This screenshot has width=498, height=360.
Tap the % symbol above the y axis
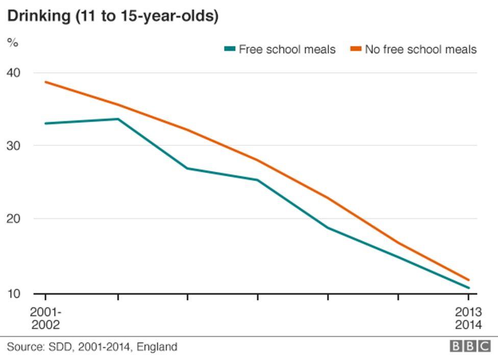[13, 43]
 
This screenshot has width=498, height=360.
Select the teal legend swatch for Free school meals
[230, 49]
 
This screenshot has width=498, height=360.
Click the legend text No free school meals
[420, 49]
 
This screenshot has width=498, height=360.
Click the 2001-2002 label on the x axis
[45, 319]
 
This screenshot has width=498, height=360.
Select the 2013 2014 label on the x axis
[468, 319]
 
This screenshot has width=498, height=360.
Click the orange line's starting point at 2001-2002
[45, 82]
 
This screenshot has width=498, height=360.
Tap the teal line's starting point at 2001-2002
[45, 123]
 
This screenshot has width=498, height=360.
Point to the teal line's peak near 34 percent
[118, 119]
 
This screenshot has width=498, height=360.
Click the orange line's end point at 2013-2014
[468, 279]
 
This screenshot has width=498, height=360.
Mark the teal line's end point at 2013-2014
[468, 288]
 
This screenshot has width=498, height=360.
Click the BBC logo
[470, 347]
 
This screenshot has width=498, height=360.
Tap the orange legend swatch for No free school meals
[356, 49]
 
